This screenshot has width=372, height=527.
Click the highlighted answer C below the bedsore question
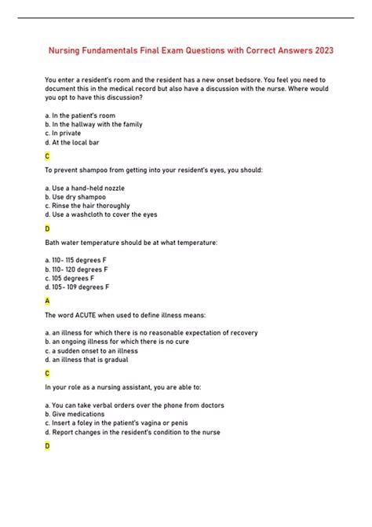pos(48,156)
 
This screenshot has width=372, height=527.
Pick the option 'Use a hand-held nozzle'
pos(86,188)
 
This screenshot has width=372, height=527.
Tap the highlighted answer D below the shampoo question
pos(48,229)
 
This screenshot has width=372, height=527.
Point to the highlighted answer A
pos(48,301)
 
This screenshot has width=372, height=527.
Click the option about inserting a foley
pos(111,423)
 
